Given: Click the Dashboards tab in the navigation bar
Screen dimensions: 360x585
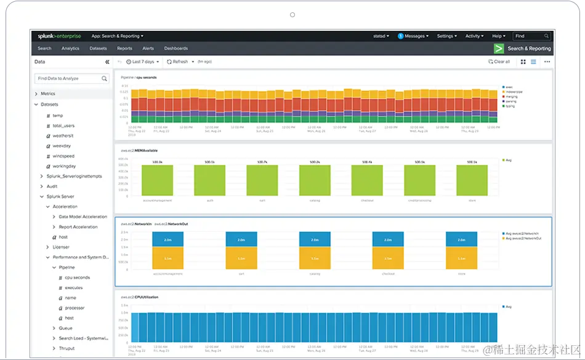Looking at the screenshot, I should tap(175, 49).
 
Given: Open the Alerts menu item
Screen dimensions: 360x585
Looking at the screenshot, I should tap(148, 49).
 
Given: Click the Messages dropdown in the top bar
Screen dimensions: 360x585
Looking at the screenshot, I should tap(413, 36).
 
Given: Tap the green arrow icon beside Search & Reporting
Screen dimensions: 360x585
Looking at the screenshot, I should tap(499, 49).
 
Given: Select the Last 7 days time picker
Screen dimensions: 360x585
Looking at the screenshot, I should tap(143, 62).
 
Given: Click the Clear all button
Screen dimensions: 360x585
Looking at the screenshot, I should tap(499, 62).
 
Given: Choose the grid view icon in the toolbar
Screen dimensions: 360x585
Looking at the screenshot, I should tap(523, 62).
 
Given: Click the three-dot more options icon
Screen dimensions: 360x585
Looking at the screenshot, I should tap(547, 62).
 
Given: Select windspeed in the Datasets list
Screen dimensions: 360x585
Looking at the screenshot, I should tap(63, 156).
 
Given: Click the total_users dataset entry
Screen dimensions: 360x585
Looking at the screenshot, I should tap(63, 126).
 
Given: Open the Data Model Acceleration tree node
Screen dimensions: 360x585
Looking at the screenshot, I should tap(83, 217).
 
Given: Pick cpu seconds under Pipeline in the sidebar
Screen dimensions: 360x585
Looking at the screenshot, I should tap(77, 278).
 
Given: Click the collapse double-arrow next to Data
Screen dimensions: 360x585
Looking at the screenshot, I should tap(107, 62).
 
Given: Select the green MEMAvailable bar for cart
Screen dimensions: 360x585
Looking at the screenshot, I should tap(262, 180).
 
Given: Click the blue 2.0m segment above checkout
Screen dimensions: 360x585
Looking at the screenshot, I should tap(388, 239).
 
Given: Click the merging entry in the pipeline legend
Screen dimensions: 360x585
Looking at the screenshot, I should tap(510, 96).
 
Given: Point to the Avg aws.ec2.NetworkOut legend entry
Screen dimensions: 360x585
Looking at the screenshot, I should tap(524, 238).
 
